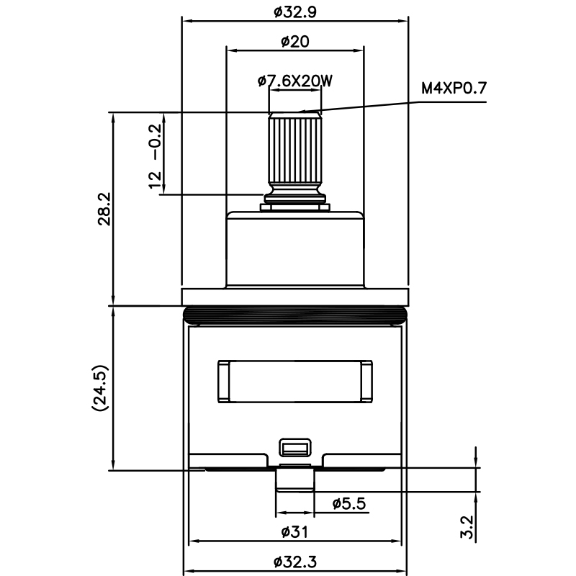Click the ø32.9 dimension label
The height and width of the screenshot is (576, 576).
click(295, 12)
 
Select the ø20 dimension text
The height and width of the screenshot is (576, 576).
click(294, 42)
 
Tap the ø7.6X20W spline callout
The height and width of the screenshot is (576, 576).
click(294, 81)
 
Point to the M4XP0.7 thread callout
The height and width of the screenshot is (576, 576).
click(454, 89)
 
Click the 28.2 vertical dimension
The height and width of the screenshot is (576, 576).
click(104, 209)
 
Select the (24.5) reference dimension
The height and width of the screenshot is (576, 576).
click(100, 388)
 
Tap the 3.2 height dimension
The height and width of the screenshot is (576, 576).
click(466, 526)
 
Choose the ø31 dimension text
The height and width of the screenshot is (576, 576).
click(294, 532)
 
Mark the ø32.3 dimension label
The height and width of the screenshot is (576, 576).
click(294, 562)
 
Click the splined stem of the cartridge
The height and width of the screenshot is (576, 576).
click(294, 151)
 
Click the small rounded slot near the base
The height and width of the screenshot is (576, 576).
click(294, 448)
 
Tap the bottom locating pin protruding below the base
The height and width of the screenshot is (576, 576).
click(294, 481)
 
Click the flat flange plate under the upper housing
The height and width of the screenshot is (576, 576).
click(294, 296)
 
